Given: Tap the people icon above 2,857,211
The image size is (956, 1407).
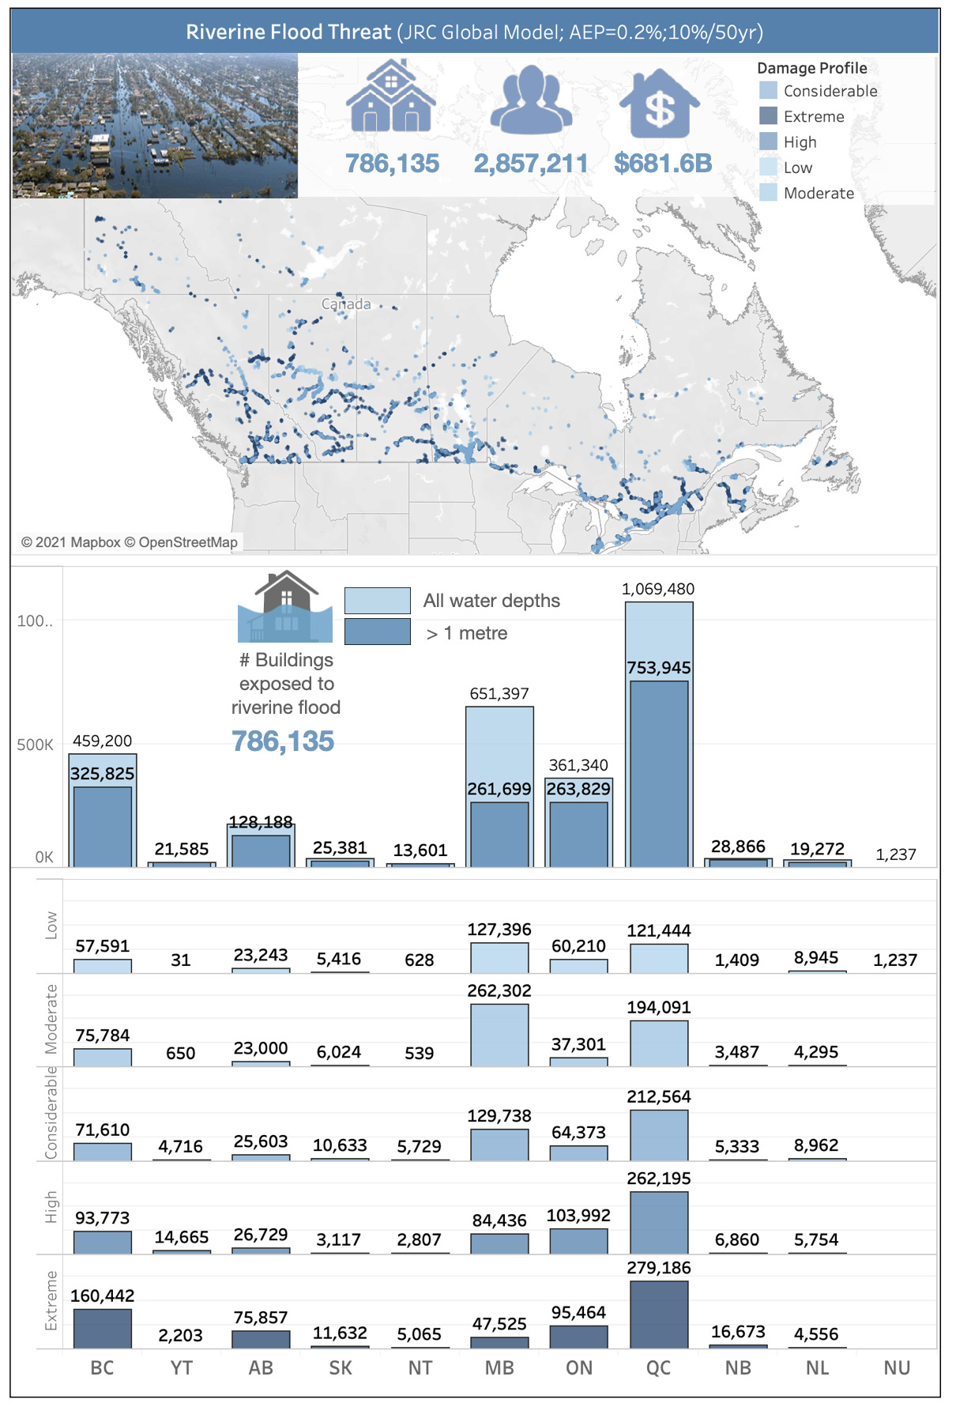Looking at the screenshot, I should [x=531, y=99].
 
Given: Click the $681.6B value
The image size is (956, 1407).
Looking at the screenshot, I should [x=663, y=164].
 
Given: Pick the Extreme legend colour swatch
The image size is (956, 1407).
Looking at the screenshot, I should [x=768, y=116].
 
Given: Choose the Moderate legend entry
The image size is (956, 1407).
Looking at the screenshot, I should [x=819, y=193].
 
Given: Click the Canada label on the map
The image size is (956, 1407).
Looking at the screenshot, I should [x=346, y=304].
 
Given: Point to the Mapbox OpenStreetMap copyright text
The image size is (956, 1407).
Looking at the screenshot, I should [x=130, y=542].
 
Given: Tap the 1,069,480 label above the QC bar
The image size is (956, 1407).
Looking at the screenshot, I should [x=658, y=589].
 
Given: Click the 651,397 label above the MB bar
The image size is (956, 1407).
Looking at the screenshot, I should [x=499, y=693].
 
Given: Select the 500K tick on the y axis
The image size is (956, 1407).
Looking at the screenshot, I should [x=35, y=745].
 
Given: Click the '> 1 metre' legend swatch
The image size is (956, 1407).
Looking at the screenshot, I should [x=378, y=632].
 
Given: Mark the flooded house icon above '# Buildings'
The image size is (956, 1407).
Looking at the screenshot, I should [x=285, y=607].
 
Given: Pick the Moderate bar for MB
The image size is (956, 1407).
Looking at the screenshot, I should [x=499, y=1035].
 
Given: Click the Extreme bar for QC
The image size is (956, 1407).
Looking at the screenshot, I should [x=659, y=1314].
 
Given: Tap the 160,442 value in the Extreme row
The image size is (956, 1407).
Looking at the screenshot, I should [x=103, y=1296].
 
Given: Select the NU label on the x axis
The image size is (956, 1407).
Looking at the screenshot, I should [x=897, y=1367].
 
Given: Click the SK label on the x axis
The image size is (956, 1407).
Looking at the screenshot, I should [x=341, y=1367].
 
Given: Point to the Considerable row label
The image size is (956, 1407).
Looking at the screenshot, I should [x=51, y=1113].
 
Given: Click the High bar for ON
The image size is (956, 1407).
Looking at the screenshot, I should [x=579, y=1241].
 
